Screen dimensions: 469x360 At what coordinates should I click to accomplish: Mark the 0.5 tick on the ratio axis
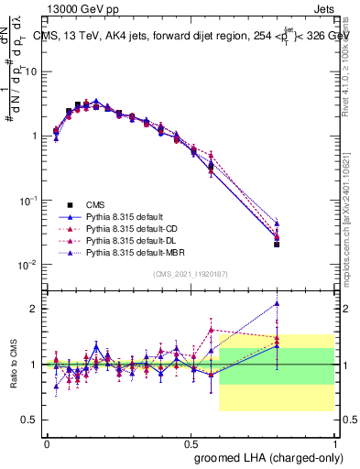click(30, 420)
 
